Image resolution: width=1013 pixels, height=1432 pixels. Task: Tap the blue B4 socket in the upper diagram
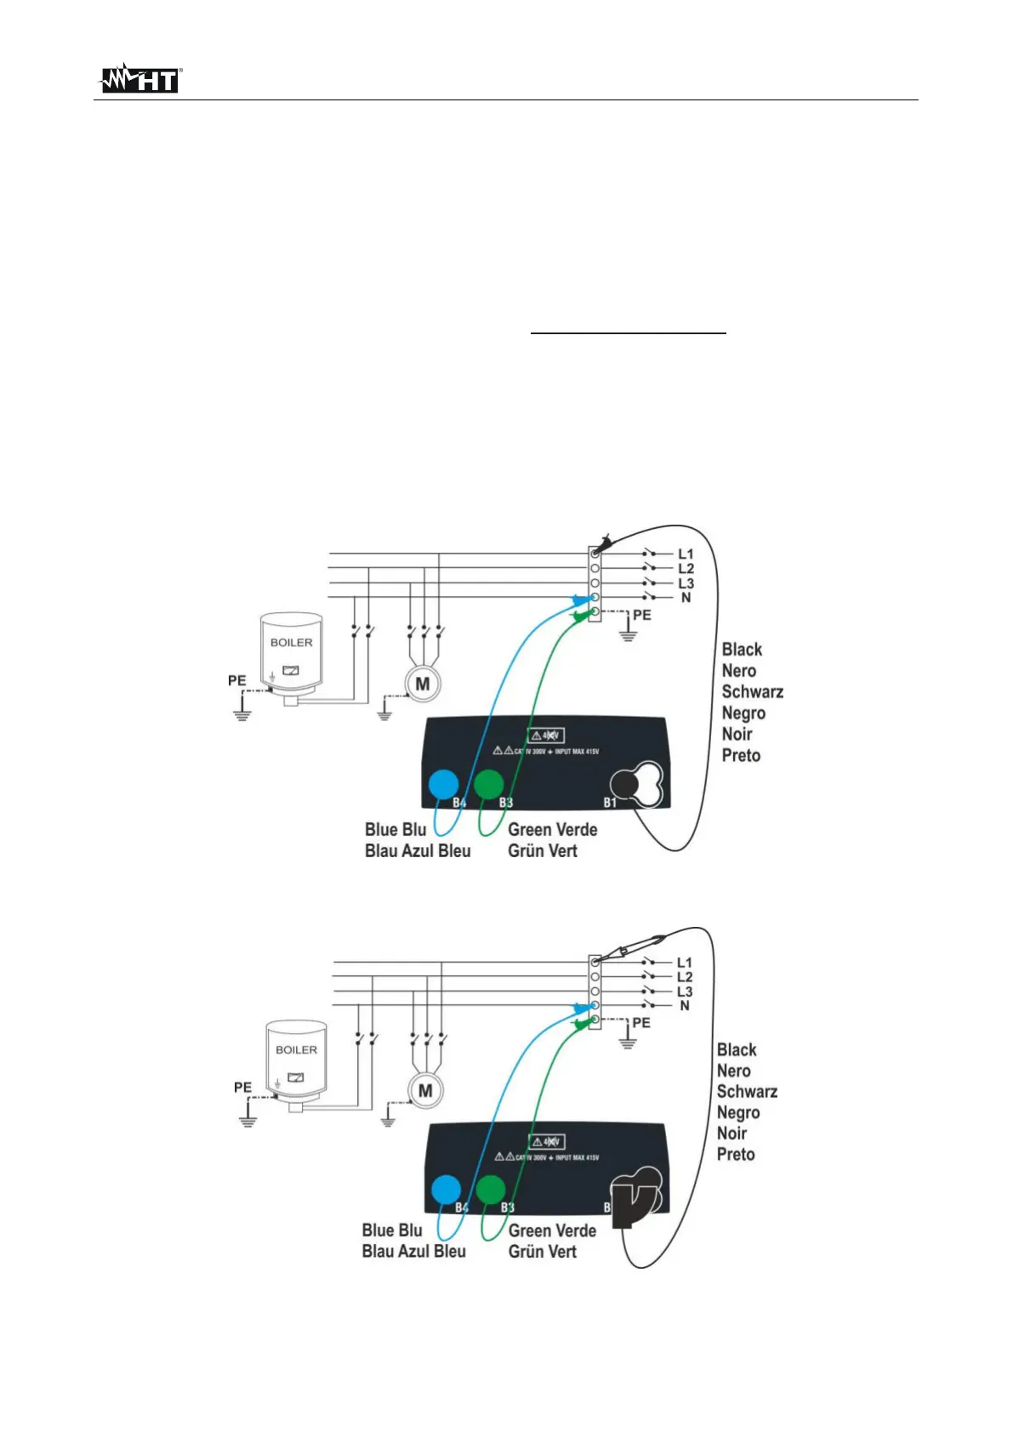pyautogui.click(x=443, y=784)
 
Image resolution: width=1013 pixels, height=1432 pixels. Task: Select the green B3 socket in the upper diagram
pyautogui.click(x=488, y=784)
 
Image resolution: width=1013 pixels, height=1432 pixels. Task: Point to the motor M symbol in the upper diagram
pyautogui.click(x=423, y=684)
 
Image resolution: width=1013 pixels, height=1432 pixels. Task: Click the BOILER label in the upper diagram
pyautogui.click(x=291, y=643)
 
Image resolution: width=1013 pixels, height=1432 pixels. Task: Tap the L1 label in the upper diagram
pyautogui.click(x=686, y=554)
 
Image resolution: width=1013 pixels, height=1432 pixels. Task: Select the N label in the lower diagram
pyautogui.click(x=685, y=1006)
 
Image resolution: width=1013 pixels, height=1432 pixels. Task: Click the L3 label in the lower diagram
pyautogui.click(x=685, y=992)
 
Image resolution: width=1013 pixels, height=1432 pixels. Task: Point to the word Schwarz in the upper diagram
pyautogui.click(x=752, y=692)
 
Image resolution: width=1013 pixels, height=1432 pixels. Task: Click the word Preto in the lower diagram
pyautogui.click(x=736, y=1155)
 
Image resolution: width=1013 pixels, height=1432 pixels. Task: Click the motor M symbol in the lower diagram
pyautogui.click(x=426, y=1091)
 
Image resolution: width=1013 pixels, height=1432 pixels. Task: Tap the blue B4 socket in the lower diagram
pyautogui.click(x=446, y=1190)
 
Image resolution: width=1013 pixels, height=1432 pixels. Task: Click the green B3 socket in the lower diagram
pyautogui.click(x=490, y=1190)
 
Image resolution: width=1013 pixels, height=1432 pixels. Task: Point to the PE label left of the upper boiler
pyautogui.click(x=236, y=680)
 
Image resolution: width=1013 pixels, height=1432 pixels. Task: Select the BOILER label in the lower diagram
pyautogui.click(x=296, y=1050)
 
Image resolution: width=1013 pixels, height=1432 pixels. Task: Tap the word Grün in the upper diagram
pyautogui.click(x=526, y=851)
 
